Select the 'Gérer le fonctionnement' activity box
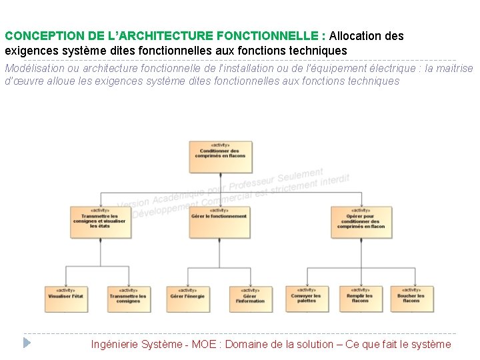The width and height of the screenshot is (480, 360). (x=219, y=222)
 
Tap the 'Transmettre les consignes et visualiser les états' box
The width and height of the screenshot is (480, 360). (x=99, y=222)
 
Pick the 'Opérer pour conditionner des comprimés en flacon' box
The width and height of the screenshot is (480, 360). (x=361, y=222)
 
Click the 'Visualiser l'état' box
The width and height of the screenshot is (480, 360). (x=66, y=299)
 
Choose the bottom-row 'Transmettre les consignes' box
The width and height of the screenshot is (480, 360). (x=129, y=299)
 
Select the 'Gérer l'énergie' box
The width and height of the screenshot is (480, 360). (x=187, y=299)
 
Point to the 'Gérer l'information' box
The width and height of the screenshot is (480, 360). (x=251, y=299)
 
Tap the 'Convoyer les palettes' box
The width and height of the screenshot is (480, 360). (x=307, y=299)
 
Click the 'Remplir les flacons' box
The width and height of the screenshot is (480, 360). (x=360, y=299)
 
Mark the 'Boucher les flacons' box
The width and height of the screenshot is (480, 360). (x=412, y=299)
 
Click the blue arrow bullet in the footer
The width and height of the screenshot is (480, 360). (x=27, y=343)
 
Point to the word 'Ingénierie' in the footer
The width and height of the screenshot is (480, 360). (x=115, y=344)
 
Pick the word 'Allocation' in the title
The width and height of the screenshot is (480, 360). (x=354, y=36)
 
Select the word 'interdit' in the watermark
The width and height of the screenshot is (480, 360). (x=334, y=181)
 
